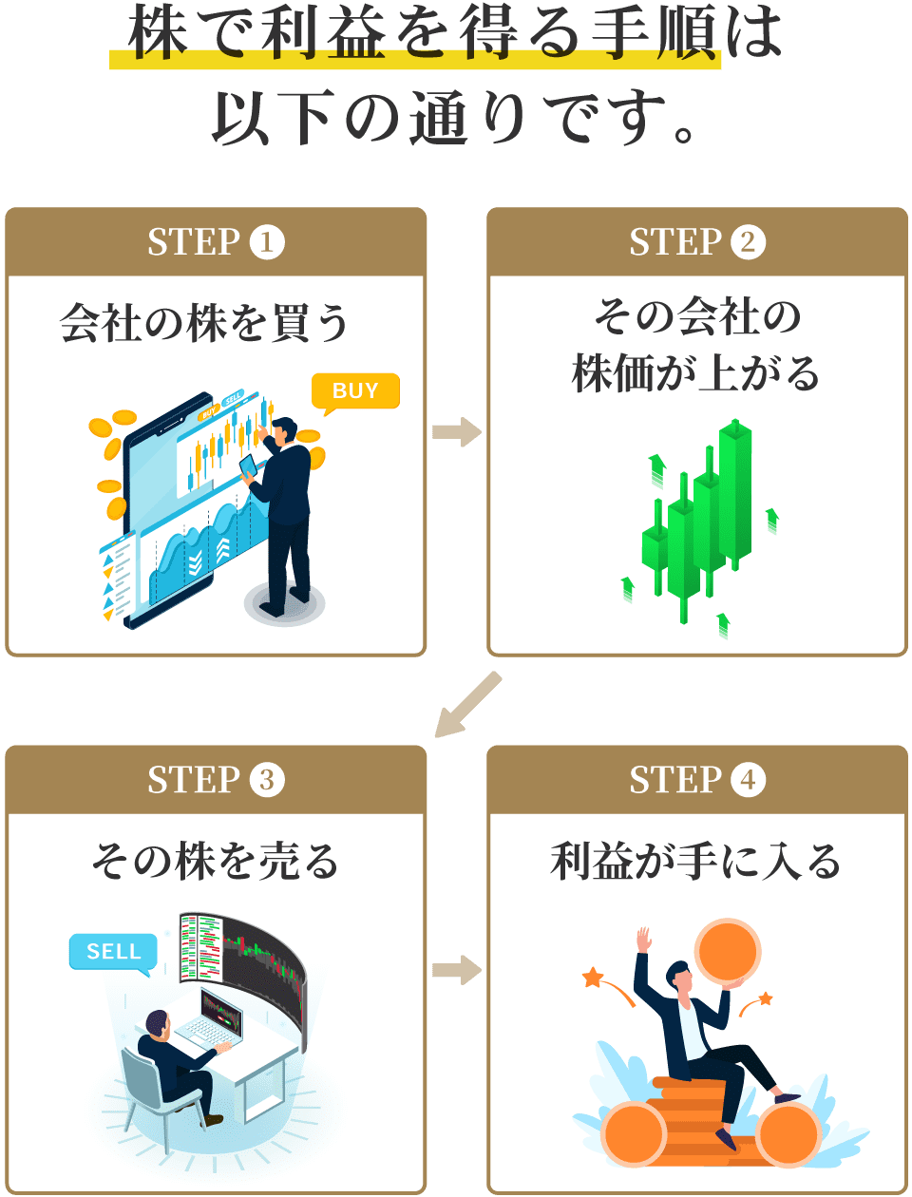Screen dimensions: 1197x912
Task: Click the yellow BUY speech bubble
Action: click(x=355, y=390)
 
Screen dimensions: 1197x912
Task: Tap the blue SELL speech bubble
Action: click(x=113, y=951)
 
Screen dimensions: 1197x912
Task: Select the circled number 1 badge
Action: click(x=267, y=242)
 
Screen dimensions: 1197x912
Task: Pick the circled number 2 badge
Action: click(x=749, y=242)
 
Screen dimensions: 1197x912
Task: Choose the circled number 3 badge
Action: click(x=267, y=780)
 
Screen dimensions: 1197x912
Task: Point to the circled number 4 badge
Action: click(x=749, y=780)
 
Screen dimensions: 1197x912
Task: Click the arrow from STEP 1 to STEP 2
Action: click(x=457, y=432)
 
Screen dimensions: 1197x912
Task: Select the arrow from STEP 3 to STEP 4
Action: click(x=457, y=970)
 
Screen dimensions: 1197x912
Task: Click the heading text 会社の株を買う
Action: click(x=204, y=323)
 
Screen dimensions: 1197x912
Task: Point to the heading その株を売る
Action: click(x=215, y=861)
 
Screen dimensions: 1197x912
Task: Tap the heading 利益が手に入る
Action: click(x=696, y=861)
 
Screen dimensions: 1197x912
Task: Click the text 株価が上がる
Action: click(x=696, y=373)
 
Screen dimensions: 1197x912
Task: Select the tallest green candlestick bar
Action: click(x=735, y=494)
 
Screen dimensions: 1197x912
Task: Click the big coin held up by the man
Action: click(x=728, y=951)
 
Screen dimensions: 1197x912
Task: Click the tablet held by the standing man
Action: click(x=249, y=466)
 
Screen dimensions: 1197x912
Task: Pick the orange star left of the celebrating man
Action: click(x=593, y=977)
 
